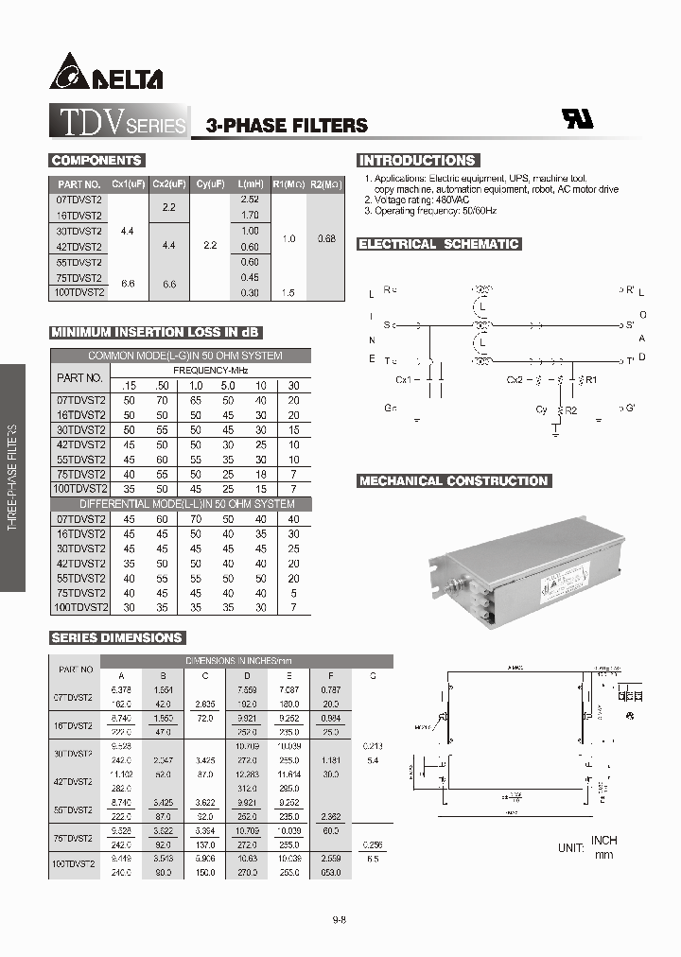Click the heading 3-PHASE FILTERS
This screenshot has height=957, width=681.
point(280,125)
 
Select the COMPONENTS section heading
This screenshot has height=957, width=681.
point(96,161)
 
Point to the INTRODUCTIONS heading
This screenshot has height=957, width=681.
point(417,161)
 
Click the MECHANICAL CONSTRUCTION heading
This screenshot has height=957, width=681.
point(453,480)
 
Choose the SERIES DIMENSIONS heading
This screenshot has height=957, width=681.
point(116,638)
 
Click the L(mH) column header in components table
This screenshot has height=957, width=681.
point(250,184)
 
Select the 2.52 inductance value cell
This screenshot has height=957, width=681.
point(250,200)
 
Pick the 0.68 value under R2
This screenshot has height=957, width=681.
point(325,238)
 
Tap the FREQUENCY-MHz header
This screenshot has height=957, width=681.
point(210,370)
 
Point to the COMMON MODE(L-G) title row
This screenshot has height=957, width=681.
point(185,356)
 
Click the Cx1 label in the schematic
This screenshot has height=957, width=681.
point(404,380)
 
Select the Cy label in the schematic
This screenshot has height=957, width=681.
point(541,410)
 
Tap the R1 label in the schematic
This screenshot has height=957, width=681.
point(592,380)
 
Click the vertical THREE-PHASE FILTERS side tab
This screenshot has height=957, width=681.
point(12,478)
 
